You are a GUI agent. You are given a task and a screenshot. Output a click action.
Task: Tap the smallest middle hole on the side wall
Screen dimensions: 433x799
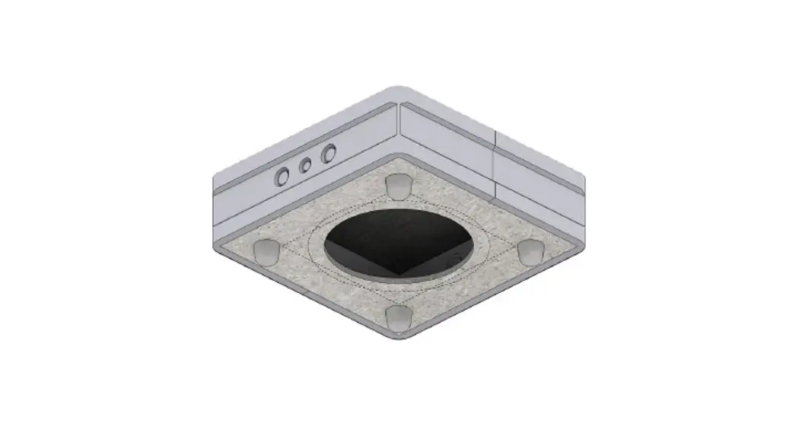305,165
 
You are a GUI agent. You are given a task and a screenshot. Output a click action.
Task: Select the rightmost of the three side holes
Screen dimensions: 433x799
328,154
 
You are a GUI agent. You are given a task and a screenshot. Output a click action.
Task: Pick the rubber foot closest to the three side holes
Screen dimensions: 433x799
398,185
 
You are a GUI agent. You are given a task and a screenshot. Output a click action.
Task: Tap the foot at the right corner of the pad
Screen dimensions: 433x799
530,250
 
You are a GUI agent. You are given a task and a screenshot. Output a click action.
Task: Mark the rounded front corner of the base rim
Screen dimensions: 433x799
399,337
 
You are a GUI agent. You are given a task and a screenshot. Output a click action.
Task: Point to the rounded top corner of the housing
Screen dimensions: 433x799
398,91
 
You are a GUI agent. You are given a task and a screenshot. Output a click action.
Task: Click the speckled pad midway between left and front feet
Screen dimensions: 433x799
331,285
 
